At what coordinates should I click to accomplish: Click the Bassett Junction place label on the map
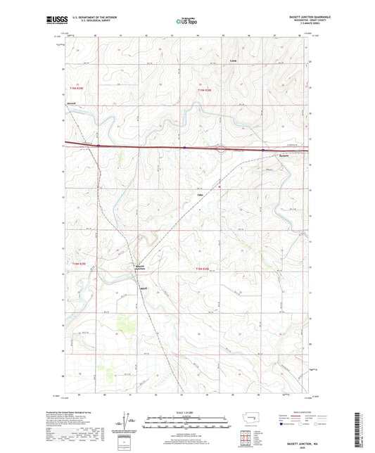139,267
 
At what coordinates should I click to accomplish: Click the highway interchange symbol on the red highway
220,148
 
